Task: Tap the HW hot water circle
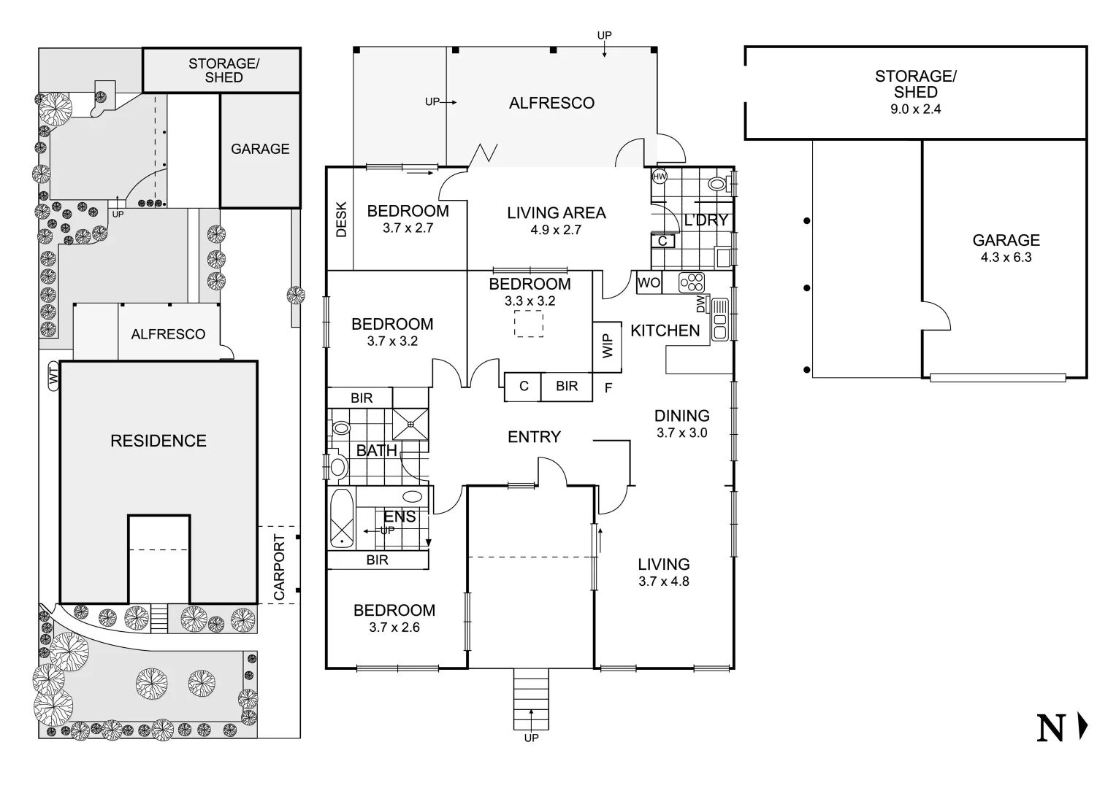pos(660,177)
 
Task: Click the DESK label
pos(340,219)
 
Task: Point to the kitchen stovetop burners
pos(691,282)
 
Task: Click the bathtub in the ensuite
pos(340,518)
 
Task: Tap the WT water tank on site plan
pos(53,376)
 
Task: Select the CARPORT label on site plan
pos(279,567)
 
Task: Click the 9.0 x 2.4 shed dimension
pos(915,109)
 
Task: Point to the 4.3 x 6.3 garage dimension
pos(1006,257)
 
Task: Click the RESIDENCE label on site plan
pos(158,441)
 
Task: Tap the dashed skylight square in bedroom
pos(528,323)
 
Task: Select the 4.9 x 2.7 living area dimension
pos(556,230)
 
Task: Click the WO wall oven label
pos(649,282)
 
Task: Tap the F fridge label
pos(608,389)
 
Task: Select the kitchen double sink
pos(719,320)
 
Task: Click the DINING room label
pos(681,416)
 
